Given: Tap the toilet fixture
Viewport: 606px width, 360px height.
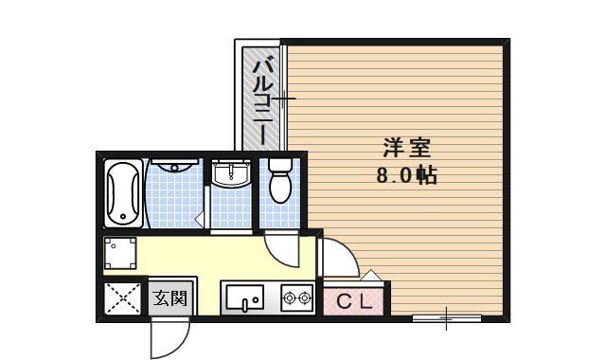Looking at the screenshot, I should (279, 181).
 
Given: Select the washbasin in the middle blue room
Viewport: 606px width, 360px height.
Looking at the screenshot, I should (230, 175).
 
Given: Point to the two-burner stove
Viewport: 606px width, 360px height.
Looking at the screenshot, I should (296, 298).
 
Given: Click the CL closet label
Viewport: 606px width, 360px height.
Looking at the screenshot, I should (355, 301).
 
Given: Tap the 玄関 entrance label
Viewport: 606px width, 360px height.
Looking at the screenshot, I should (170, 298).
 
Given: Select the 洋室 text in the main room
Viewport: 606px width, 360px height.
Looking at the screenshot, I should (407, 149).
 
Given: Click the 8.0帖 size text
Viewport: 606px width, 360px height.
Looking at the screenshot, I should (406, 175).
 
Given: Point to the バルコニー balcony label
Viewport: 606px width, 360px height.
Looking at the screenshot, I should (263, 99).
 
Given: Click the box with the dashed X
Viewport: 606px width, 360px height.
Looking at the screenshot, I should (122, 299).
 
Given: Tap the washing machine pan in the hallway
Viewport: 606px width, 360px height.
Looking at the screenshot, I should (120, 253).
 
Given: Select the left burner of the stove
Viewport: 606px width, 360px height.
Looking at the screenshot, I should (289, 298).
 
